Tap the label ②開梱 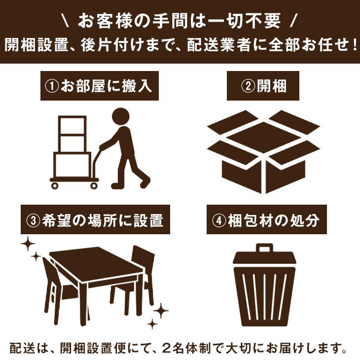263,87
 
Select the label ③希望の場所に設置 96,220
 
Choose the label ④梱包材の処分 266,220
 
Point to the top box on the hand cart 72,126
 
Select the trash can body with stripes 264,291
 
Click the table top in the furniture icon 96,261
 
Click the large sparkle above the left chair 28,244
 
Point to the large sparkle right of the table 160,311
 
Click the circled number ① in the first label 51,87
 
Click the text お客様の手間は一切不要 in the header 180,21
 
